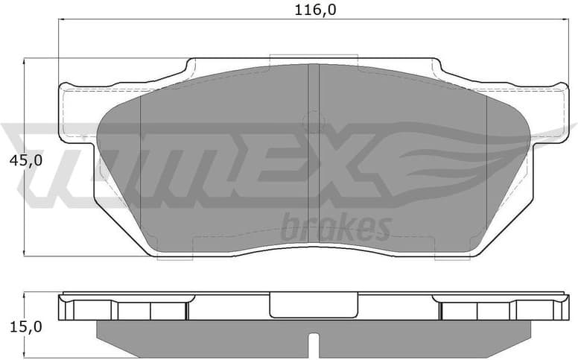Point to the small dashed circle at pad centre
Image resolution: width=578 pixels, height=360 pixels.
(314, 121)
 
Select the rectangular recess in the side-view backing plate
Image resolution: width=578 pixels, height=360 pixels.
(314, 305)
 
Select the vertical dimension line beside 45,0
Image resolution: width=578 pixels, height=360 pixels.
(25, 112)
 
